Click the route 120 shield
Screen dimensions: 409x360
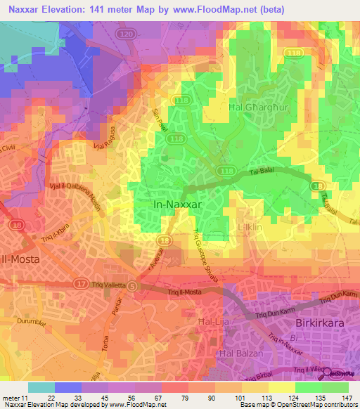click(127, 34)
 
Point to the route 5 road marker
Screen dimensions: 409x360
click(140, 286)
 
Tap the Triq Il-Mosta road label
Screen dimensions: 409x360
click(185, 290)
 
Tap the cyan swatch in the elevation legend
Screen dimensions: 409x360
click(41, 387)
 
